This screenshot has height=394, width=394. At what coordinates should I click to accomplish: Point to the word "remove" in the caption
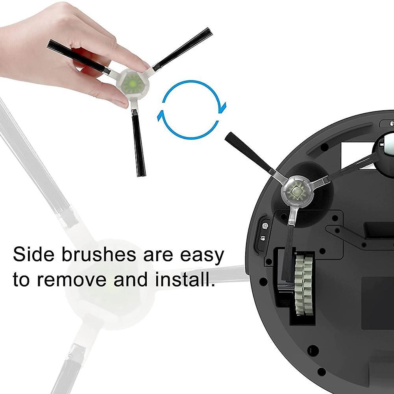click(x=72, y=279)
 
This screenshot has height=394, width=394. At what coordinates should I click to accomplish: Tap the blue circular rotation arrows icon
click(x=192, y=109)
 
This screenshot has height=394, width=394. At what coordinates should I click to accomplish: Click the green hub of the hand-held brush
click(x=132, y=83)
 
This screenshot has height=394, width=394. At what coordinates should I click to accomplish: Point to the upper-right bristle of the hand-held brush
click(x=183, y=49)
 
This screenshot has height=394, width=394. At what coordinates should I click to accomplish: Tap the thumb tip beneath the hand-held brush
click(x=120, y=102)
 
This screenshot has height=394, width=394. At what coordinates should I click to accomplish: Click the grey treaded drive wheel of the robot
click(x=304, y=284)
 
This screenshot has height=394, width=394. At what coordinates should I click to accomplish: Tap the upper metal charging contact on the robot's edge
click(x=265, y=226)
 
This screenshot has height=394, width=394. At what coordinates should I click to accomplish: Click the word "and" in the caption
click(x=130, y=279)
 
